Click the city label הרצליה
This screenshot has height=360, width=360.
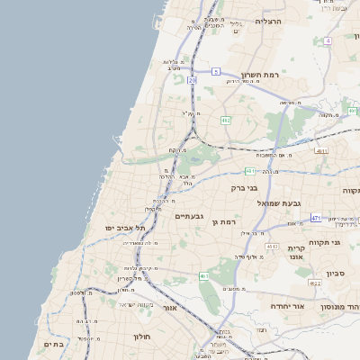click(x=268, y=21)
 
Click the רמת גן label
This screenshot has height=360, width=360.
click(x=222, y=220)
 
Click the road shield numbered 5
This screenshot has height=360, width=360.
click(x=216, y=70)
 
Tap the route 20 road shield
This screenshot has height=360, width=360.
click(x=192, y=80)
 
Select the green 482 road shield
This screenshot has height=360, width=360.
click(x=225, y=120)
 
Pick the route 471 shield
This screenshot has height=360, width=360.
click(x=316, y=218)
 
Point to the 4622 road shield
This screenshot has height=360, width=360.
click(x=315, y=283)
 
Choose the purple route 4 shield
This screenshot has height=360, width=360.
click(x=328, y=41)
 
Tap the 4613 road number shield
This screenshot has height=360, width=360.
click(x=321, y=151)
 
